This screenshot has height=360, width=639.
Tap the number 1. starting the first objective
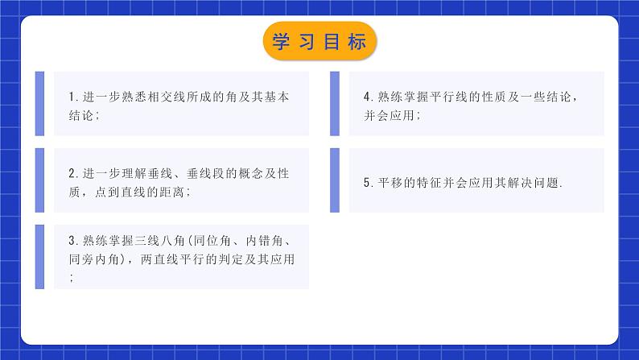click(72, 97)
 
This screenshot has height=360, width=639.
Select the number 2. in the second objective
click(72, 173)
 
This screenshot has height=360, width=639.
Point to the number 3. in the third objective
click(72, 240)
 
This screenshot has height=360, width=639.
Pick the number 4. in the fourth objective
click(367, 97)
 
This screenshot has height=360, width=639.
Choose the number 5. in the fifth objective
click(367, 184)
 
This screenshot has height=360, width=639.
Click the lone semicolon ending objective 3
click(72, 278)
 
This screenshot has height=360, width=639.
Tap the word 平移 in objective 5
click(386, 184)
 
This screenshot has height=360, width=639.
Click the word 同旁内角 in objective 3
click(94, 259)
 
